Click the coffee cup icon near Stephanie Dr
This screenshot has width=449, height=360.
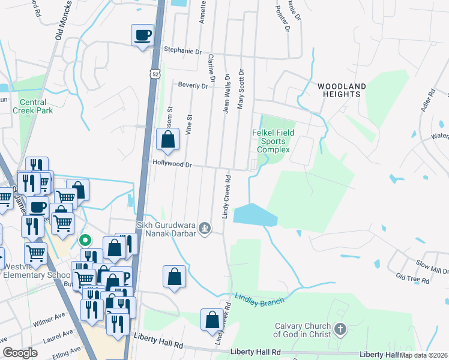coord(142,35)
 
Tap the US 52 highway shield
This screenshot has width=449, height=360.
coord(155,73)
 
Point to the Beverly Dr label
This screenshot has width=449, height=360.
coord(192,86)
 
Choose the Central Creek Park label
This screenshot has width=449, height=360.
coord(36,106)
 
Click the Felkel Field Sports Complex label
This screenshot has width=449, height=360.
coord(274,141)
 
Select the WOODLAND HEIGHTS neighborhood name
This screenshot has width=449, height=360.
coord(342,91)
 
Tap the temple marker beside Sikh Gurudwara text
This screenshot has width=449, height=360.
coord(205,227)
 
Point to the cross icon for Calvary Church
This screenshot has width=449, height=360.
coord(340,329)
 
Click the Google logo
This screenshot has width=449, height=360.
coord(20,353)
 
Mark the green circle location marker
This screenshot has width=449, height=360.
coord(85,241)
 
